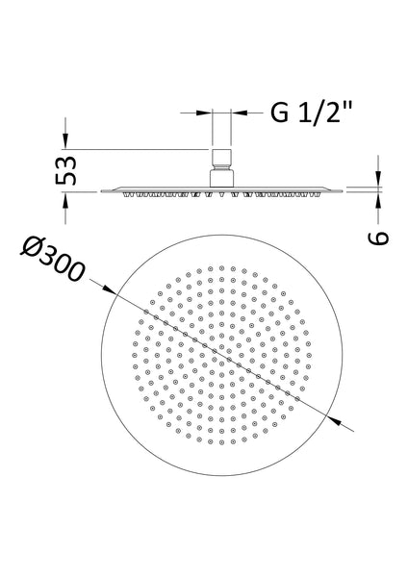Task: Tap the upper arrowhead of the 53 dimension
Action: [65, 142]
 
